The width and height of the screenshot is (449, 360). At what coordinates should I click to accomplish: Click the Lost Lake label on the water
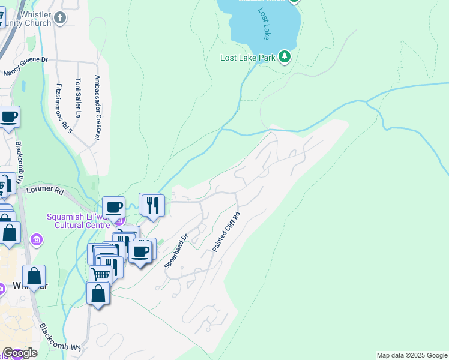(265, 24)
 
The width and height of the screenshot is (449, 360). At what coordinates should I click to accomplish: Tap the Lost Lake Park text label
(247, 58)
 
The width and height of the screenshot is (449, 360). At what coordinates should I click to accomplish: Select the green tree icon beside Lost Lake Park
(285, 58)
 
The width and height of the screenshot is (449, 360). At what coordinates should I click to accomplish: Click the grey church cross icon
(59, 17)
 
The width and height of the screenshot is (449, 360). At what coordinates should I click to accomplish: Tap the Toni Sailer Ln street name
(77, 97)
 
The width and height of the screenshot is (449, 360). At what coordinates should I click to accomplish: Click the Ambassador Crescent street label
(97, 108)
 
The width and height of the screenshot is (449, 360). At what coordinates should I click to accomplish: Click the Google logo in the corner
(20, 352)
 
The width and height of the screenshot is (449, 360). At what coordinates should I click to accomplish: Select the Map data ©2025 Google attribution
(412, 355)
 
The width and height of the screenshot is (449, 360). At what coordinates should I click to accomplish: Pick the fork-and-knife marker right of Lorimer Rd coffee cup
(151, 205)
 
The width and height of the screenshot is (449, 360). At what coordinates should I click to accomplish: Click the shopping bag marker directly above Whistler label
(35, 276)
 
